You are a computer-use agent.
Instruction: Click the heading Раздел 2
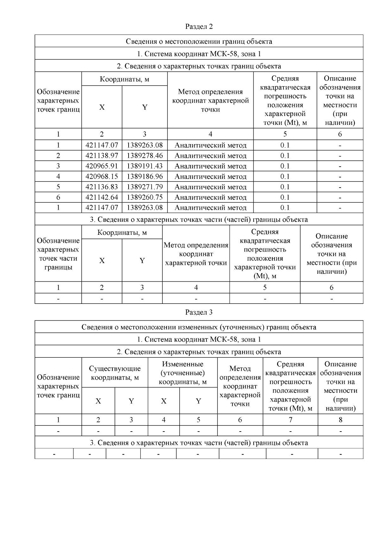pyautogui.click(x=199, y=27)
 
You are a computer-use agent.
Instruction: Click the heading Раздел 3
pyautogui.click(x=199, y=312)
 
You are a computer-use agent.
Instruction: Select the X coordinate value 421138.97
pyautogui.click(x=102, y=156)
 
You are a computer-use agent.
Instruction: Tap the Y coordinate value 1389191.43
pyautogui.click(x=145, y=166)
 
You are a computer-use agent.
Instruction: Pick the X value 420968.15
pyautogui.click(x=102, y=176)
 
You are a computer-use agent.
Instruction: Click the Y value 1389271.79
pyautogui.click(x=145, y=187)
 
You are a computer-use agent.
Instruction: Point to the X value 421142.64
pyautogui.click(x=102, y=197)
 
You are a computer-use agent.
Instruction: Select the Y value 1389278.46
pyautogui.click(x=145, y=156)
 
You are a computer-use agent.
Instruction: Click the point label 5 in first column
pyautogui.click(x=58, y=187)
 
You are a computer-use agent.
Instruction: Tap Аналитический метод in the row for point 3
pyautogui.click(x=210, y=166)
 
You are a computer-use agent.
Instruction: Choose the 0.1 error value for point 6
pyautogui.click(x=285, y=197)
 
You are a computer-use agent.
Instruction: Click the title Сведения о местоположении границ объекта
pyautogui.click(x=199, y=42)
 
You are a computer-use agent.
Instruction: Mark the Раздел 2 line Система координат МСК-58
pyautogui.click(x=199, y=54)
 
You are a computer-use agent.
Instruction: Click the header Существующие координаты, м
pyautogui.click(x=115, y=373)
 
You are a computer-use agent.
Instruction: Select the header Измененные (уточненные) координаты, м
pyautogui.click(x=182, y=373)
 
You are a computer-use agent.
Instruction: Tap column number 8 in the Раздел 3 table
pyautogui.click(x=340, y=420)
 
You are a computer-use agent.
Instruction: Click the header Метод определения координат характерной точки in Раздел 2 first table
pyautogui.click(x=210, y=100)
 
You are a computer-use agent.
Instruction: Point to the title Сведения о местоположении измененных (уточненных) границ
pyautogui.click(x=199, y=327)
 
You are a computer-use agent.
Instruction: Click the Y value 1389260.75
pyautogui.click(x=145, y=197)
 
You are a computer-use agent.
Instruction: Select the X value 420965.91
pyautogui.click(x=102, y=166)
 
